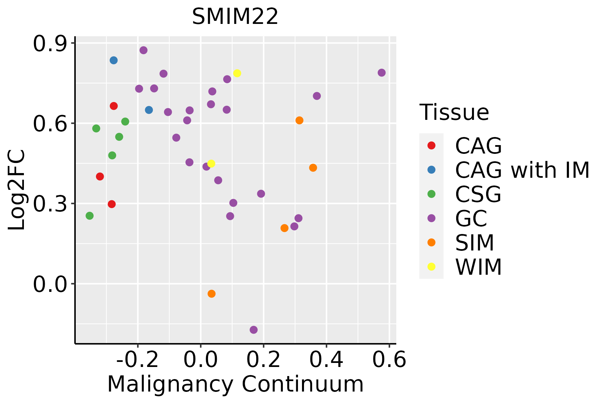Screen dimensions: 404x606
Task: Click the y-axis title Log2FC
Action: [x=17, y=190]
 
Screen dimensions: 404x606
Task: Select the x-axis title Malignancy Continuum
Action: [x=235, y=384]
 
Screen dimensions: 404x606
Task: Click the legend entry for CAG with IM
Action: [x=522, y=170]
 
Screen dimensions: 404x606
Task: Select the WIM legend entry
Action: [x=478, y=267]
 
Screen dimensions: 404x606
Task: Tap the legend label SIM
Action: [x=474, y=243]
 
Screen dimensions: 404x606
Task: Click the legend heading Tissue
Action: [x=454, y=112]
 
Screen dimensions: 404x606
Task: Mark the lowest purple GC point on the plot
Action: [x=254, y=330]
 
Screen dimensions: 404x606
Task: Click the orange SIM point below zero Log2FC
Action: [x=211, y=294]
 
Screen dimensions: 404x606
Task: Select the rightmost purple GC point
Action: [x=381, y=73]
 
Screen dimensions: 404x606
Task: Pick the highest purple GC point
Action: [x=143, y=50]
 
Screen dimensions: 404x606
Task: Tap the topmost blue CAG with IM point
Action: [x=113, y=60]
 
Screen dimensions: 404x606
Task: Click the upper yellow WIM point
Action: [x=237, y=73]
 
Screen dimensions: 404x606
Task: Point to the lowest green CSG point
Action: [x=89, y=215]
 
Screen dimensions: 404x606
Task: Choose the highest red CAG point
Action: [x=113, y=106]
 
